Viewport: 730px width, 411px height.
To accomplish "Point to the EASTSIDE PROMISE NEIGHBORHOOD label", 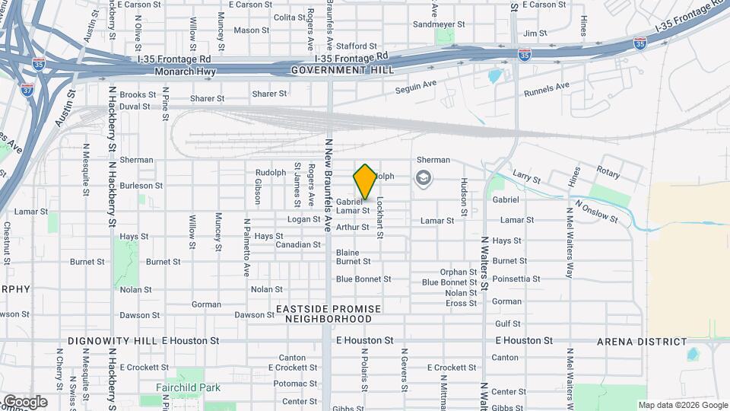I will pyautogui.click(x=328, y=314).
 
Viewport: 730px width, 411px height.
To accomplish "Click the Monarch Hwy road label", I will pyautogui.click(x=185, y=72).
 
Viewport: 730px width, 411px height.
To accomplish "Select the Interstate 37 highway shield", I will pyautogui.click(x=27, y=88).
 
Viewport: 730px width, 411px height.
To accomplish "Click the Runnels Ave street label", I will pyautogui.click(x=547, y=90).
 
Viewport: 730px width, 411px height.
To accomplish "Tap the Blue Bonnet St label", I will pyautogui.click(x=363, y=279).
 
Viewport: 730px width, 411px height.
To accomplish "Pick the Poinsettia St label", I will pyautogui.click(x=516, y=279).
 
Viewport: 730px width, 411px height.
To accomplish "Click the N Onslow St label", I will pyautogui.click(x=597, y=210).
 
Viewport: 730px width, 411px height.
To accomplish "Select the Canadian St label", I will pyautogui.click(x=297, y=245).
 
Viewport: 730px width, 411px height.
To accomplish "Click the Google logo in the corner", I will pyautogui.click(x=24, y=401).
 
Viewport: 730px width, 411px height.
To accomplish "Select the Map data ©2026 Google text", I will pyautogui.click(x=682, y=405).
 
